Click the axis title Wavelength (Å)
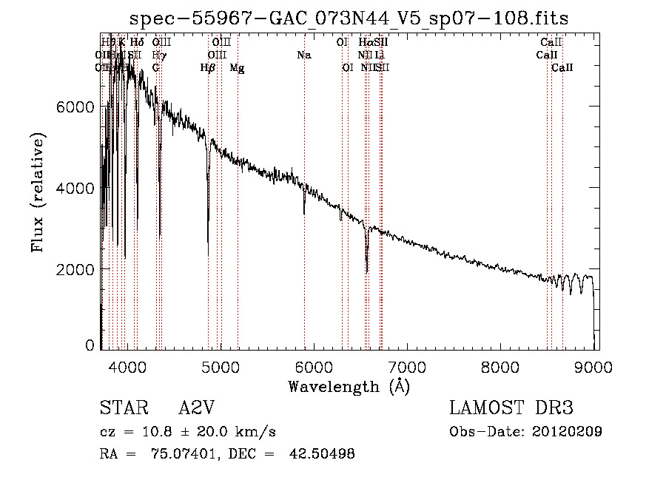point(349,385)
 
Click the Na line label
point(304,55)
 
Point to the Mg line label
point(237,68)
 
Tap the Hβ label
point(208,68)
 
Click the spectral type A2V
point(198,408)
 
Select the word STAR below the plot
point(119,408)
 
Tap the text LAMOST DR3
point(511,408)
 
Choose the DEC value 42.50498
point(321,454)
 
